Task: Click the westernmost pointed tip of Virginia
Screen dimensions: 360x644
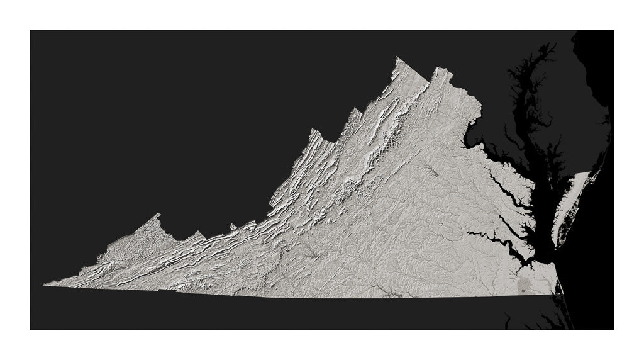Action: coord(45,284)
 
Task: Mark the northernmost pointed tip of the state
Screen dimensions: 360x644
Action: coord(397,58)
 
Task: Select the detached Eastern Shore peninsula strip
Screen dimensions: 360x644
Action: coord(572,201)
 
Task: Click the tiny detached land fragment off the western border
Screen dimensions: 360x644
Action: coord(233,227)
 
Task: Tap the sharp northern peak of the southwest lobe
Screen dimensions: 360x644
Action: coord(157,215)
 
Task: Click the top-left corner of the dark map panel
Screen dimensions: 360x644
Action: coord(30,30)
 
